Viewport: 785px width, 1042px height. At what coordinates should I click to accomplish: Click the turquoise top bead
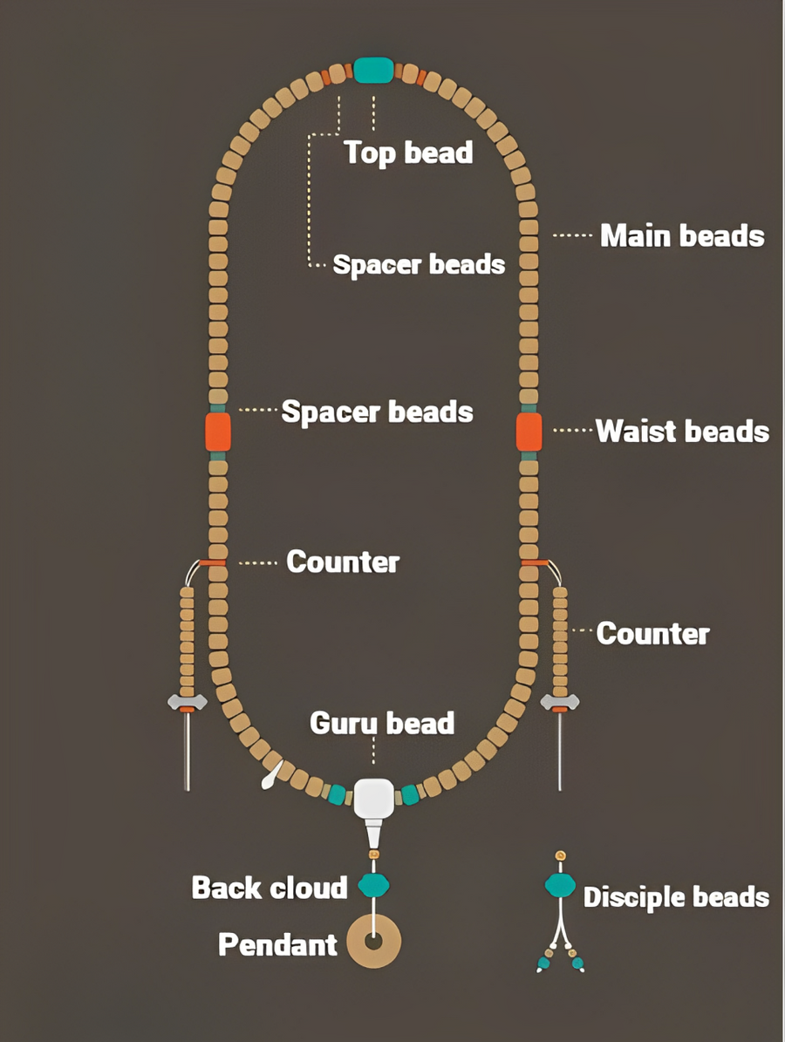pos(373,70)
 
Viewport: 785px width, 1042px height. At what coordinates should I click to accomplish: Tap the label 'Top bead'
pos(409,153)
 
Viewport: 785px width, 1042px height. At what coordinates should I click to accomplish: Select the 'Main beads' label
pos(682,236)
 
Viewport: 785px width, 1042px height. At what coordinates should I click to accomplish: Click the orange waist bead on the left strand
pos(218,432)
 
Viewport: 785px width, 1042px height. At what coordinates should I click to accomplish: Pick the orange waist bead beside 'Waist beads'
pos(529,432)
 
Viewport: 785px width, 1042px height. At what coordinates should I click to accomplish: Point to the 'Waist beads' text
pos(682,432)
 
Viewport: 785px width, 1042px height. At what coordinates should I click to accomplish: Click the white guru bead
pos(373,798)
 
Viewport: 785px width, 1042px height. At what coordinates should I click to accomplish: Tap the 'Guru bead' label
pos(382,723)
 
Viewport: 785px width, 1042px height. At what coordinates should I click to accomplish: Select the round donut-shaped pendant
pos(374,941)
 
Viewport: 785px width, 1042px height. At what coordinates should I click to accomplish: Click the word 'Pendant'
pos(278,944)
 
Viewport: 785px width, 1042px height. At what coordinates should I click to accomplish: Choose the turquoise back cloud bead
pos(373,885)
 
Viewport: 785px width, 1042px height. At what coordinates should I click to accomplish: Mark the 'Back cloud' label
pos(270,888)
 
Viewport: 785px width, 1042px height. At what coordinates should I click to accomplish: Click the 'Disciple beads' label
pos(676,897)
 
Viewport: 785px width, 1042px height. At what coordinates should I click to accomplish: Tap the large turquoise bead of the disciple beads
pos(560,885)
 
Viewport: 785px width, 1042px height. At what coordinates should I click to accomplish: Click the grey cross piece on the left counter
pos(188,702)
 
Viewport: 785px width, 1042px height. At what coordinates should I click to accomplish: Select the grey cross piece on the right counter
pos(560,702)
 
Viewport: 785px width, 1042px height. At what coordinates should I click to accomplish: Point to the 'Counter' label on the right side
pos(652,633)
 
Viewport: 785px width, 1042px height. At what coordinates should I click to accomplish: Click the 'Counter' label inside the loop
pos(343,562)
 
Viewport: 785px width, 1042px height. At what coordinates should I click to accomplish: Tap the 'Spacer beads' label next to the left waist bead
pos(377,412)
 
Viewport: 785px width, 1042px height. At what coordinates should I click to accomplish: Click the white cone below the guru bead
pos(373,832)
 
